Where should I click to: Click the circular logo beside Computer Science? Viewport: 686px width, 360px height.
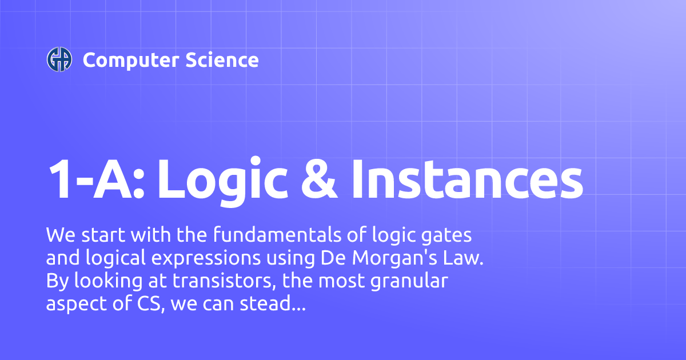(59, 59)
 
